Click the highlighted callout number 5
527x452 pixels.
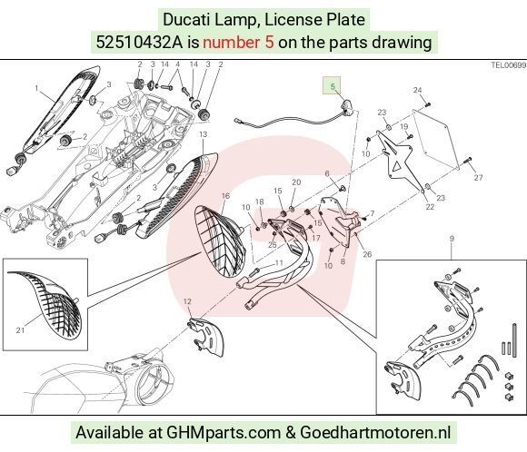point(333,86)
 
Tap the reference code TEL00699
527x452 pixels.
point(509,65)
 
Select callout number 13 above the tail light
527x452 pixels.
point(204,134)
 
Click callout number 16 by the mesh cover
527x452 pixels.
point(226,196)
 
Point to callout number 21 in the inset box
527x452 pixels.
point(21,330)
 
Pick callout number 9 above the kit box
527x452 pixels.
point(452,239)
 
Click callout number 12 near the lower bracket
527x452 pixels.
point(187,301)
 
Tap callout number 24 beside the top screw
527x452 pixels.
point(417,90)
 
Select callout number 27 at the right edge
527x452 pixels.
point(478,178)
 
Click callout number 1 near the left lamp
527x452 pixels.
point(36,89)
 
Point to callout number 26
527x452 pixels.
point(367,254)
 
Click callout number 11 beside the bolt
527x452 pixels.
point(279,263)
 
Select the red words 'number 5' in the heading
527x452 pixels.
point(238,43)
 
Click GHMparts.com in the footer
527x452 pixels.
point(224,432)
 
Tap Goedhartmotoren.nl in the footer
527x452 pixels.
point(375,432)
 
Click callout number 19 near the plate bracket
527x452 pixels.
point(404,126)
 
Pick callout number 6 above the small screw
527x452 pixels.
point(327,173)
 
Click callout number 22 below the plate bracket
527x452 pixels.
point(430,207)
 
